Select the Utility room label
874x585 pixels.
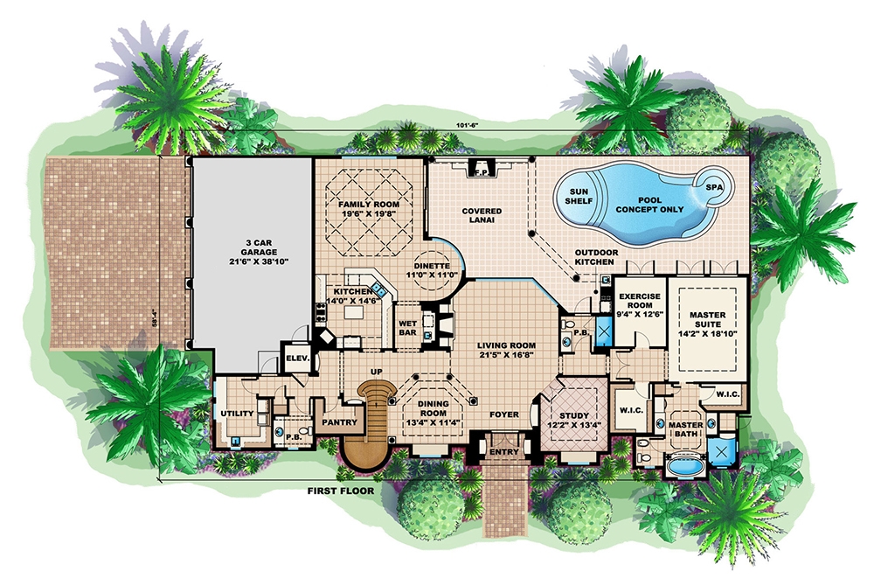pos(238,413)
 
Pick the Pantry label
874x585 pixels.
pos(336,421)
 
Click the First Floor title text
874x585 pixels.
pos(340,491)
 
